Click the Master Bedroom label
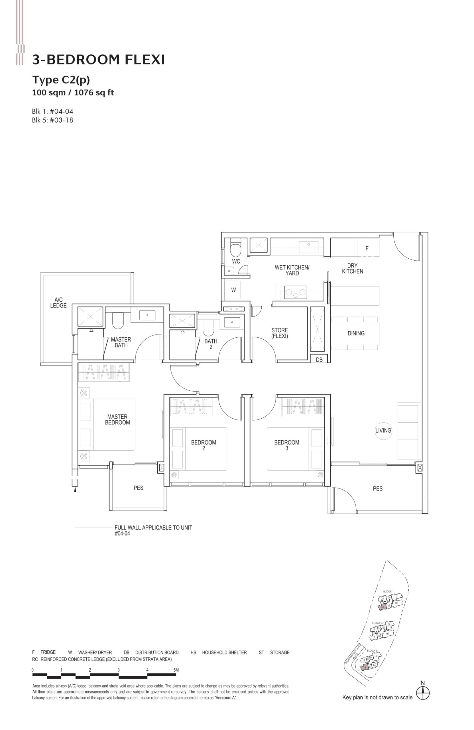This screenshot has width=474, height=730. tap(117, 419)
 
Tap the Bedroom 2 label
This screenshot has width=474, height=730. tap(203, 445)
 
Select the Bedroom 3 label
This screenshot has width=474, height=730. tap(286, 445)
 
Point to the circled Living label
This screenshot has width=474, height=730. tap(383, 430)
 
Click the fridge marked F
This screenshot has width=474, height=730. tap(367, 248)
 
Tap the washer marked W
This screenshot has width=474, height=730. tap(233, 290)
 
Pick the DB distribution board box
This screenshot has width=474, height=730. tap(319, 360)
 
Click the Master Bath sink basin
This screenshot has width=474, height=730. tap(147, 315)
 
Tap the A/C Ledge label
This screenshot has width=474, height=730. tap(58, 303)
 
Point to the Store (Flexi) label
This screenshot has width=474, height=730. tap(279, 333)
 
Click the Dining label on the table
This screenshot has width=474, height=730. tap(356, 333)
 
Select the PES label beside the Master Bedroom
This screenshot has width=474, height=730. tap(138, 488)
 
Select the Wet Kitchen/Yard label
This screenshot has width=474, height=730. tap(292, 270)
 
